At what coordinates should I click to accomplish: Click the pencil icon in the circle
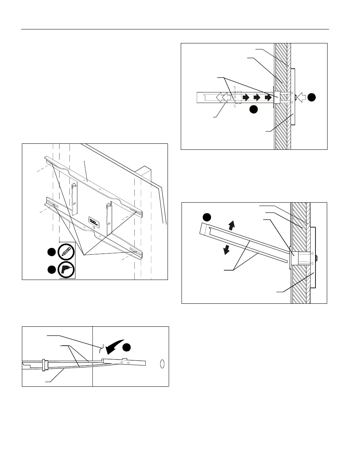click(x=66, y=252)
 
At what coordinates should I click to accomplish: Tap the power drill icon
click(x=66, y=269)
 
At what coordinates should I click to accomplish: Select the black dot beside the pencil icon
click(x=51, y=252)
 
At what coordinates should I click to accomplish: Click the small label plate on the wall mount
click(x=94, y=222)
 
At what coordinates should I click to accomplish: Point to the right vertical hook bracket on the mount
click(x=110, y=218)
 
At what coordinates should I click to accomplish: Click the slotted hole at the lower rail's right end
click(x=133, y=250)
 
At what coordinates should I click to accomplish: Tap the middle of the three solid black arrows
click(x=258, y=97)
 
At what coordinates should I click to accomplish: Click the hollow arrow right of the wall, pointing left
click(x=301, y=97)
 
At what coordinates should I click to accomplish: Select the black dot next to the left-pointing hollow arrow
click(x=311, y=97)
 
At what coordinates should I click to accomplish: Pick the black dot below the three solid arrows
click(x=254, y=109)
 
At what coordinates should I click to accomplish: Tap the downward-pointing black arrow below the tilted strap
click(x=226, y=249)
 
